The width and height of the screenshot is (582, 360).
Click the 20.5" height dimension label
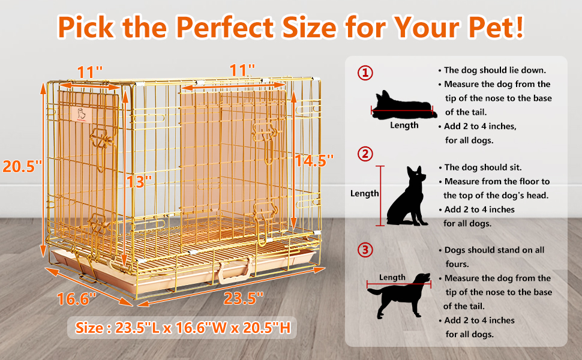tap(22, 166)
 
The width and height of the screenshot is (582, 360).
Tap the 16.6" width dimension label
tap(77, 298)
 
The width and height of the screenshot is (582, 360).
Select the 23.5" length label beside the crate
tap(244, 298)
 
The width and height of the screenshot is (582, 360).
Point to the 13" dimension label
tap(140, 181)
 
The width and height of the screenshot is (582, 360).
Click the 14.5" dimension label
tap(314, 160)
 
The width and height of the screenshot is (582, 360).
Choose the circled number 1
tap(365, 73)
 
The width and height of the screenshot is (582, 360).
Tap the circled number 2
tap(365, 154)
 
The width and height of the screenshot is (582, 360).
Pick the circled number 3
tap(365, 249)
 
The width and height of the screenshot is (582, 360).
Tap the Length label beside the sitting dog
tap(365, 193)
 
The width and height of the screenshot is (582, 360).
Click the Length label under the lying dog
tap(404, 125)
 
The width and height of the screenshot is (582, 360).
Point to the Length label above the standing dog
tap(392, 277)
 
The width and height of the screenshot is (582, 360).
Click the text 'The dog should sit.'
tap(483, 167)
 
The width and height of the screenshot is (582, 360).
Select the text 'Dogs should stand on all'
tap(494, 250)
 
